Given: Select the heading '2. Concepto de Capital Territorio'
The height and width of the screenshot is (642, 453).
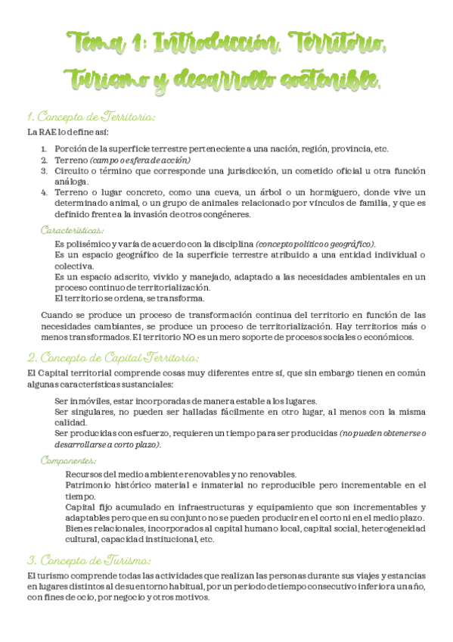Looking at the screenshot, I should [x=113, y=357].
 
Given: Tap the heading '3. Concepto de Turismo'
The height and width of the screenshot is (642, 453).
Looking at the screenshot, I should [x=88, y=561].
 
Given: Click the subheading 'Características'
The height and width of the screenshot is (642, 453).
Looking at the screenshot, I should [x=73, y=229].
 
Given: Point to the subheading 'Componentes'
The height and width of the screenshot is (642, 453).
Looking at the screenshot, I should [x=69, y=460].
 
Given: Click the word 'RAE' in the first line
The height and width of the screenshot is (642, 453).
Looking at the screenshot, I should [x=48, y=133].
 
